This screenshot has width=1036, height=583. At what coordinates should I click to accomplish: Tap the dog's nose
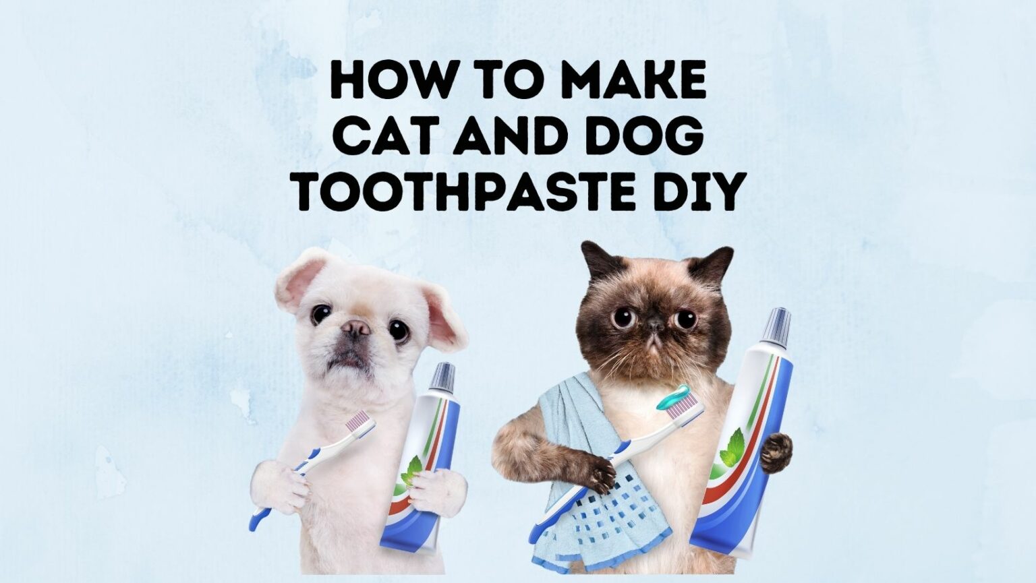pyautogui.click(x=355, y=328)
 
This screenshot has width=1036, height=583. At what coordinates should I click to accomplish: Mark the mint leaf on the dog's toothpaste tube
pyautogui.click(x=412, y=469)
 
